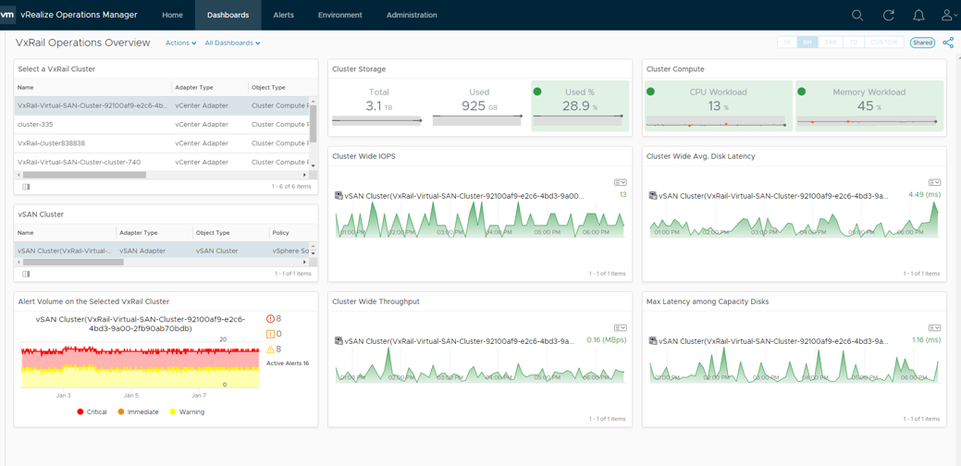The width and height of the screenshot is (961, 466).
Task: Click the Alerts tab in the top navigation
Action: (x=283, y=15)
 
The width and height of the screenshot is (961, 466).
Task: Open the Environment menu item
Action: (x=339, y=15)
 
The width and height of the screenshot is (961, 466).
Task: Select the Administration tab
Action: (x=412, y=15)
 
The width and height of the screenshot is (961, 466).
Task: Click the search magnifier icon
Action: (x=857, y=15)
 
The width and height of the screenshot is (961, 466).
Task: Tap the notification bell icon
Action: (x=918, y=15)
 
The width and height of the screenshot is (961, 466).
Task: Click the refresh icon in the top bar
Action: (x=888, y=15)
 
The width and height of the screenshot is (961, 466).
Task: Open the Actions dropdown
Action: (x=180, y=43)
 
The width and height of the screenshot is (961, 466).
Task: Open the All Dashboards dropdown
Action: (x=232, y=43)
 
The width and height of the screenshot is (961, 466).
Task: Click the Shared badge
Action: (x=922, y=43)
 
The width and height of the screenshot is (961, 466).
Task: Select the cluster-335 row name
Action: (x=35, y=124)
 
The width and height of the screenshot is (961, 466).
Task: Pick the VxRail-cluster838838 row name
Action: (x=51, y=143)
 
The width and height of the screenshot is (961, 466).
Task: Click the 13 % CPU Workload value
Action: (x=718, y=106)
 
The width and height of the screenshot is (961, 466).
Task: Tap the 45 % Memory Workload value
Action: (x=869, y=106)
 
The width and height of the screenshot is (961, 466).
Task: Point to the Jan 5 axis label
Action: (x=130, y=395)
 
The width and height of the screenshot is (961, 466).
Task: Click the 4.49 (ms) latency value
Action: (x=924, y=195)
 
